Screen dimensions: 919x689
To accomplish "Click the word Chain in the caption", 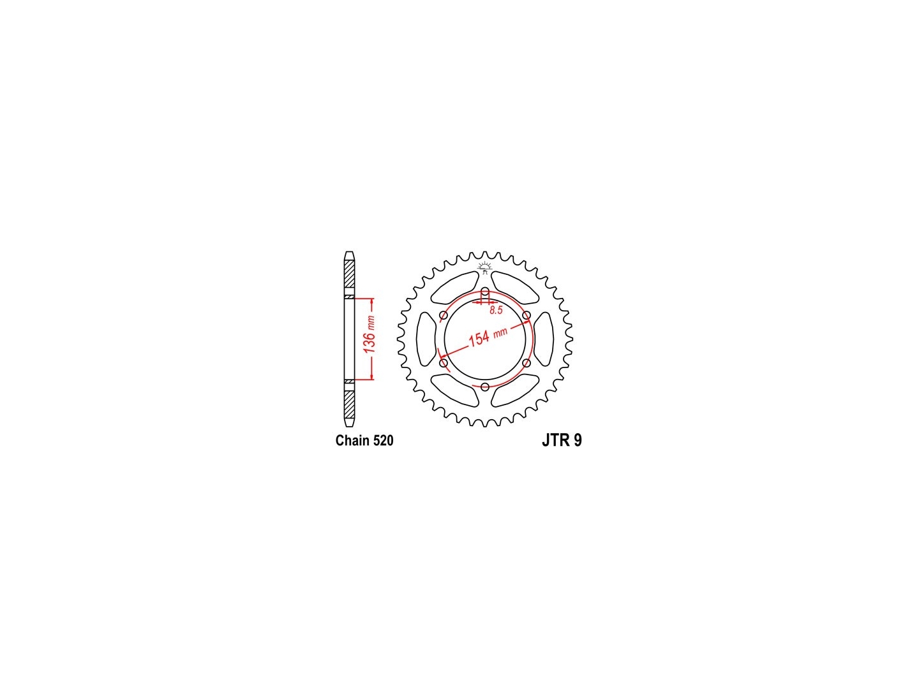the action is [352, 440].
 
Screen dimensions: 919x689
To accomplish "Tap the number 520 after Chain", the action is [382, 440].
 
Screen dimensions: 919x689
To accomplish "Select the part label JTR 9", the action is [562, 440].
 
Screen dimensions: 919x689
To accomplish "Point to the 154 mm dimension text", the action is [487, 336].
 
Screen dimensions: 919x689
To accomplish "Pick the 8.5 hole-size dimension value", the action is [496, 310].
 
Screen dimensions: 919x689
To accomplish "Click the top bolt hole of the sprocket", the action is [485, 291].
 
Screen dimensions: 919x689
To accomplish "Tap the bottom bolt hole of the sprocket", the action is [485, 387].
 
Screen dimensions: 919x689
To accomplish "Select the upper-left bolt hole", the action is [444, 315].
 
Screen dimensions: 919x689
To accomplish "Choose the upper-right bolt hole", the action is [527, 315].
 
